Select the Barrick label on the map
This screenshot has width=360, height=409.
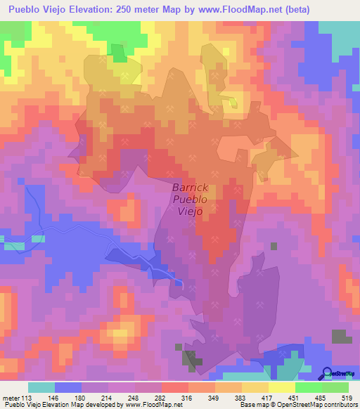188,188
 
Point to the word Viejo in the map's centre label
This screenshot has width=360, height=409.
190,211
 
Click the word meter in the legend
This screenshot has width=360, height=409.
12,397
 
